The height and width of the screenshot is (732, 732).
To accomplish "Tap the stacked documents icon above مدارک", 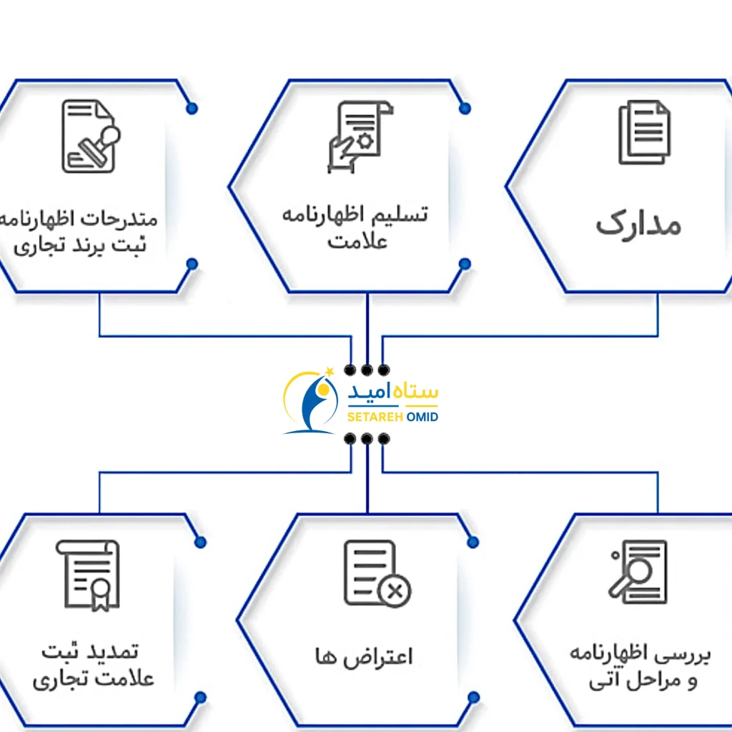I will (643, 132).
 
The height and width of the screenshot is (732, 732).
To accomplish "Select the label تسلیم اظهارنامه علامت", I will (355, 227).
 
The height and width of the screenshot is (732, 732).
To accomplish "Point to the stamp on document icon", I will (91, 136).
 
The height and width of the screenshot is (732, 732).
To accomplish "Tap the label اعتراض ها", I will (364, 656).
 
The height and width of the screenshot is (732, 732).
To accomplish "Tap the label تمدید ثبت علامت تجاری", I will (93, 665).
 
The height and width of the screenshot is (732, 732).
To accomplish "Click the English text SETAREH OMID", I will (392, 417).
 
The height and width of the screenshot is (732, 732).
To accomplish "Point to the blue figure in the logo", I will (315, 403).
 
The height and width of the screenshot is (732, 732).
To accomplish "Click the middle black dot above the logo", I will (367, 370).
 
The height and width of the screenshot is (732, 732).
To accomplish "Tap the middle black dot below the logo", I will (367, 439).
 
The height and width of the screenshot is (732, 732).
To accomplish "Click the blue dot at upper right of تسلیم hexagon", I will (465, 109).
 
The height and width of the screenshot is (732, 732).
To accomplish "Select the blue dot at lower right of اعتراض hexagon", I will (473, 697).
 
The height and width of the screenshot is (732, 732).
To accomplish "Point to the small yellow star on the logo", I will (330, 370).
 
